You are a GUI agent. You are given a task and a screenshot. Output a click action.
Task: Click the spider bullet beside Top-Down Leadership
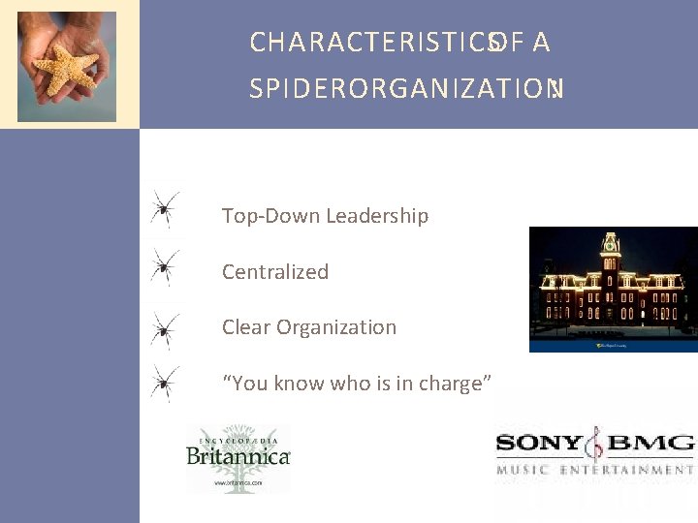pos(166,208)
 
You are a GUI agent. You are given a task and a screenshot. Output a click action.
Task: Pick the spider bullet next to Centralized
pos(166,263)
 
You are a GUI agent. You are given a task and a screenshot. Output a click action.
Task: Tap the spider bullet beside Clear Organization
pos(166,328)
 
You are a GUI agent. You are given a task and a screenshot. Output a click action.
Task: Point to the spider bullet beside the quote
pos(166,383)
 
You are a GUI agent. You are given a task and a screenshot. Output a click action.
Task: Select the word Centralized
pos(275,272)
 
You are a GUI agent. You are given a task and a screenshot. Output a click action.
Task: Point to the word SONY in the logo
pos(539,446)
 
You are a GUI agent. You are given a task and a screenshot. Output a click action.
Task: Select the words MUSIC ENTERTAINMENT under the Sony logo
pos(595,471)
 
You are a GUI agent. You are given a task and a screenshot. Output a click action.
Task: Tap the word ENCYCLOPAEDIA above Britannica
pos(238,437)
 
